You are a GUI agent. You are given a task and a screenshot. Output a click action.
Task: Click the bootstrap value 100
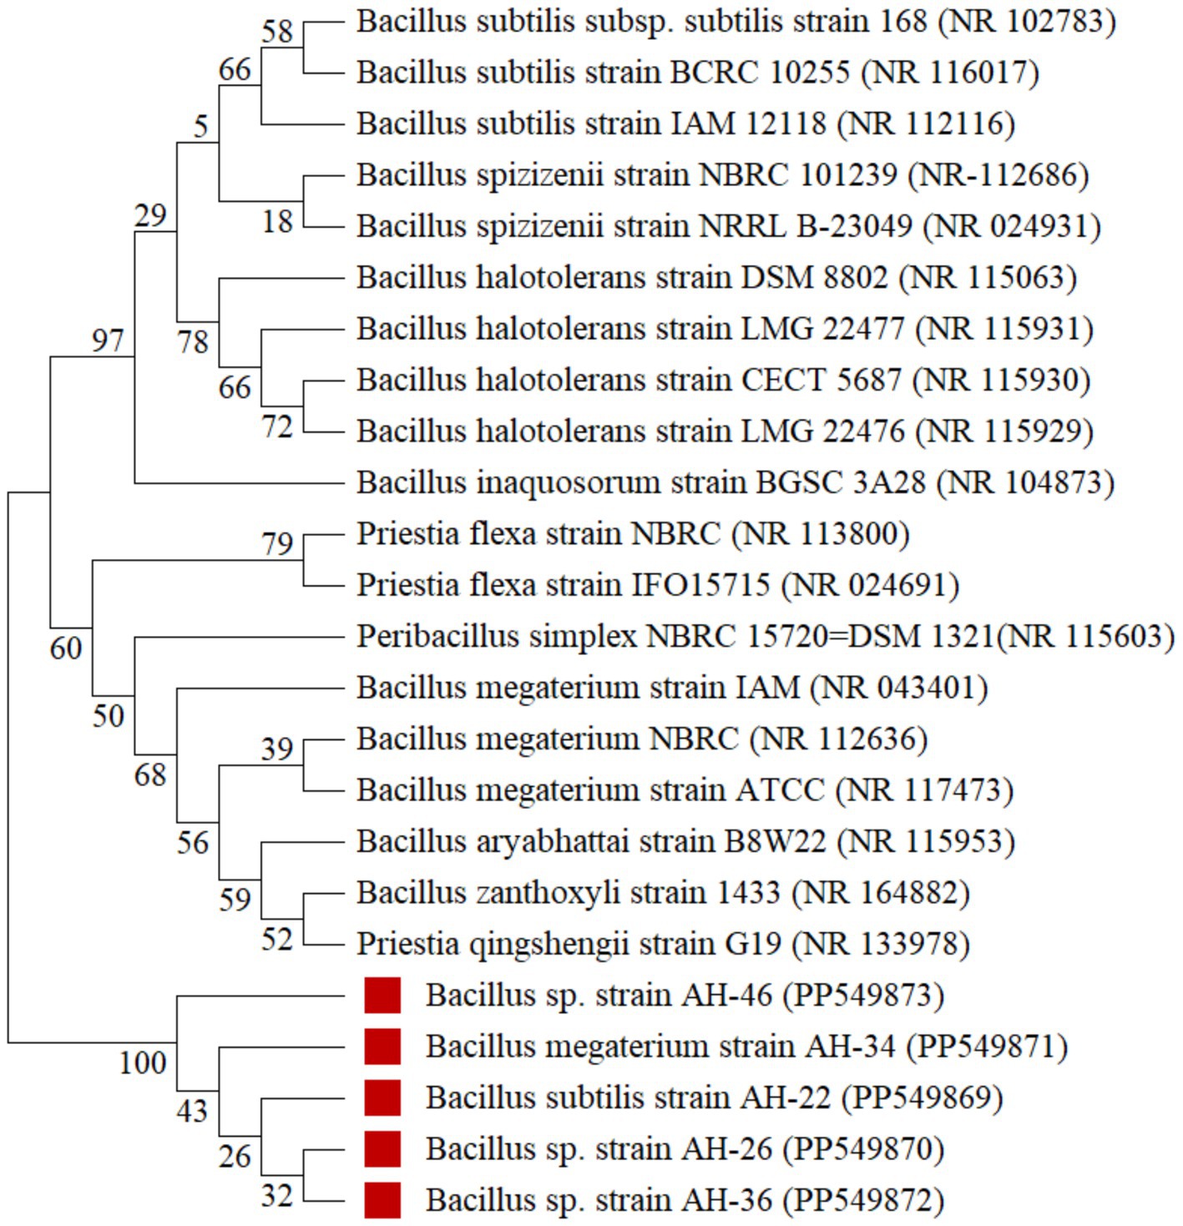143,1062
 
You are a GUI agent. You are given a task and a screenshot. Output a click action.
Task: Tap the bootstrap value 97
108,341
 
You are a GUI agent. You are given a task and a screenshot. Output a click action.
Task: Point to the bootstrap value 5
200,126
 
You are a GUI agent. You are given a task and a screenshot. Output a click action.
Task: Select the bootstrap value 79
277,544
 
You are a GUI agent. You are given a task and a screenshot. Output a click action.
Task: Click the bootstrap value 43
192,1111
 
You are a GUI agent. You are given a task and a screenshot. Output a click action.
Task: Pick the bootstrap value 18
277,221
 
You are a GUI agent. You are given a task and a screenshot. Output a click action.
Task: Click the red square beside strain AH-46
382,995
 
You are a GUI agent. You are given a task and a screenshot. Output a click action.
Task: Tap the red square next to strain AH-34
382,1046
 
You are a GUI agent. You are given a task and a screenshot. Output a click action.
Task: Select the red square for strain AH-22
382,1097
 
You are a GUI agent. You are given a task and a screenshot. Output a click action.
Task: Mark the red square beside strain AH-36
382,1200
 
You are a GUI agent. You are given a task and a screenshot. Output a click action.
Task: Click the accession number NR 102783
1027,21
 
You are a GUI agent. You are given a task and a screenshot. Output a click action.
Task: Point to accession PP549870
863,1149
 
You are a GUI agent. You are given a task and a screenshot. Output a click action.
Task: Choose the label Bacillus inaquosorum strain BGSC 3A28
641,482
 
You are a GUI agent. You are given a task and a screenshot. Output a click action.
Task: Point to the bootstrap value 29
151,216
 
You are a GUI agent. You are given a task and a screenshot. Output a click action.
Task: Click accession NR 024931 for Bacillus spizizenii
1012,226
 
